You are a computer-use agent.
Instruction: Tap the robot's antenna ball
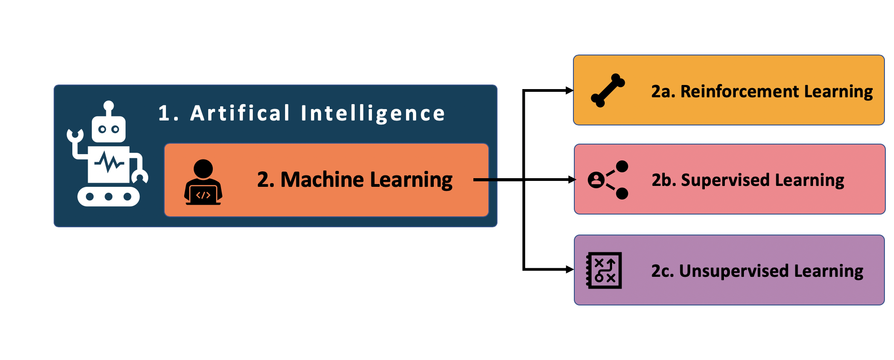(109, 106)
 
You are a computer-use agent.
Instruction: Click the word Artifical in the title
(240, 113)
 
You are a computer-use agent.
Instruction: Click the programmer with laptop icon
(203, 182)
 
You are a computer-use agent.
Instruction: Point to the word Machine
(322, 180)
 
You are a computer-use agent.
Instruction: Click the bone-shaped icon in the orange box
(608, 90)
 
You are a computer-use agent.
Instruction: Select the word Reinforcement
(739, 91)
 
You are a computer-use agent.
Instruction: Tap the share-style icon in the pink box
(608, 180)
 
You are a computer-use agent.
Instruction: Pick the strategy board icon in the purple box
(604, 270)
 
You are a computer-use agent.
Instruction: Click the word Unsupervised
(734, 271)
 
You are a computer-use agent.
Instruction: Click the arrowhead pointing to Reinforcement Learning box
(570, 90)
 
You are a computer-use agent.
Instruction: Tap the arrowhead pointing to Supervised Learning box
(572, 180)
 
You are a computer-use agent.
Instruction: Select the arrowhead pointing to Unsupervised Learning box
(570, 270)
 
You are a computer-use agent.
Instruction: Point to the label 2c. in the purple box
(663, 271)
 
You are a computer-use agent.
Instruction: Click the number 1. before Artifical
(168, 113)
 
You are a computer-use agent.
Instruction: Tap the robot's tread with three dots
(109, 196)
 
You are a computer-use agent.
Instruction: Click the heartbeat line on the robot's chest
(109, 162)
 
